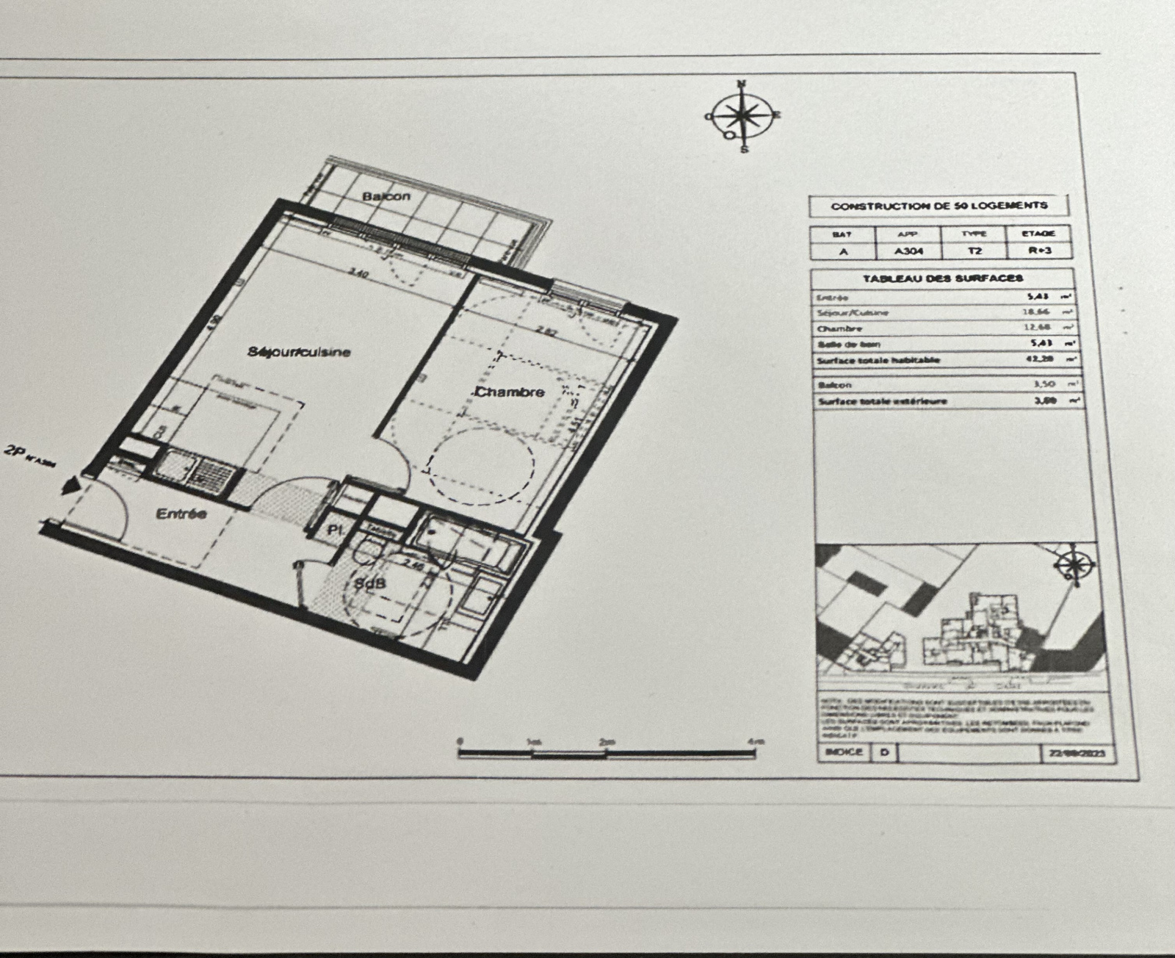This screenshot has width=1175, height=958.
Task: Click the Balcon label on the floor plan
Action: pyautogui.click(x=386, y=197)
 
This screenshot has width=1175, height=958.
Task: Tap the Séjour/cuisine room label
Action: pyautogui.click(x=299, y=352)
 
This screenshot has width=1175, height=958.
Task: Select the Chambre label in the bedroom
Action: pyautogui.click(x=510, y=392)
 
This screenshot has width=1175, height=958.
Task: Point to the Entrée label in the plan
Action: pyautogui.click(x=181, y=514)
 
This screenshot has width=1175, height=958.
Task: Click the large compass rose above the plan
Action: pyautogui.click(x=743, y=116)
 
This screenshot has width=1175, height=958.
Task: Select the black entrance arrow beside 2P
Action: pyautogui.click(x=72, y=486)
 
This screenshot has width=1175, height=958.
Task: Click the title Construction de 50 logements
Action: pyautogui.click(x=939, y=206)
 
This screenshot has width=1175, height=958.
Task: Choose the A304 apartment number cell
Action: pyautogui.click(x=908, y=251)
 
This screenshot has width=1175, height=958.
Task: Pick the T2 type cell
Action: pyautogui.click(x=974, y=251)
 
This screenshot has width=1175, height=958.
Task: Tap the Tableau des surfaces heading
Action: pyautogui.click(x=943, y=278)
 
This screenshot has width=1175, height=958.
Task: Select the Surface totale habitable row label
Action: pyautogui.click(x=878, y=361)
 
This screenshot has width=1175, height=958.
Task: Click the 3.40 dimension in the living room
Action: pyautogui.click(x=358, y=273)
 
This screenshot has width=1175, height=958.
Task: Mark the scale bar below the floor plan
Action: pyautogui.click(x=610, y=752)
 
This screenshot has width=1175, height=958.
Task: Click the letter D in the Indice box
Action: pyautogui.click(x=884, y=753)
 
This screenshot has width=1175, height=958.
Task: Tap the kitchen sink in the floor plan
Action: pyautogui.click(x=173, y=465)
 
